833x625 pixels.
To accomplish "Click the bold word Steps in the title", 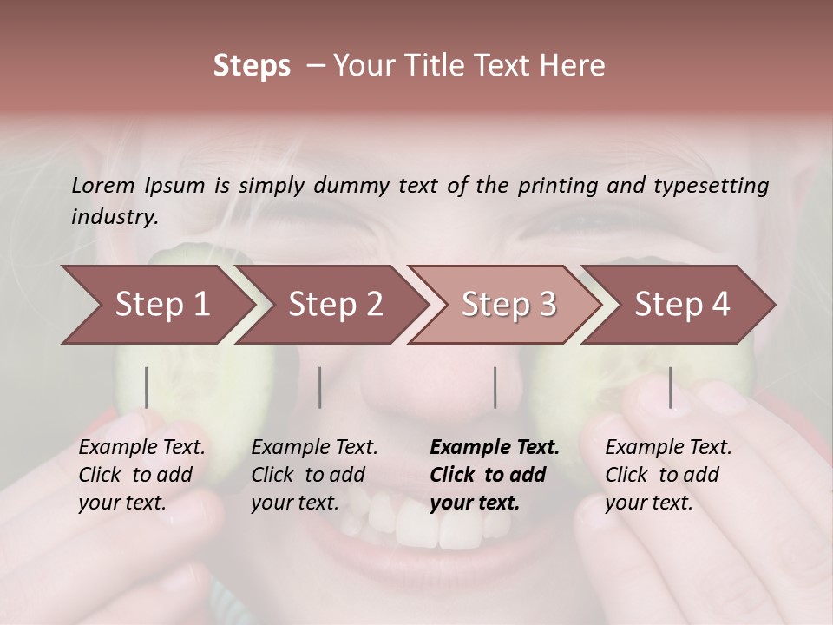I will pyautogui.click(x=252, y=66).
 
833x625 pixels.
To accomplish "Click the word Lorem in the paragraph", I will pyautogui.click(x=103, y=186).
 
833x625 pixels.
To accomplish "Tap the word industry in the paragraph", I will pyautogui.click(x=114, y=217).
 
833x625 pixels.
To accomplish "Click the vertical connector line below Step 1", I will pyautogui.click(x=147, y=387).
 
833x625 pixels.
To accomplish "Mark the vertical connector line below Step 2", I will pyautogui.click(x=320, y=387).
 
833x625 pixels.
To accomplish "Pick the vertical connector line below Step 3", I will pyautogui.click(x=495, y=387).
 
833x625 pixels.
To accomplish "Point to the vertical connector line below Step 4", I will pyautogui.click(x=671, y=387).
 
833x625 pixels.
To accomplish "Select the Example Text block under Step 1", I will pyautogui.click(x=141, y=475).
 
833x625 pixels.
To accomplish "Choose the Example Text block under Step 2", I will pyautogui.click(x=314, y=475).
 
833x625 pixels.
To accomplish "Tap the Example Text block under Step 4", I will pyautogui.click(x=668, y=475).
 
